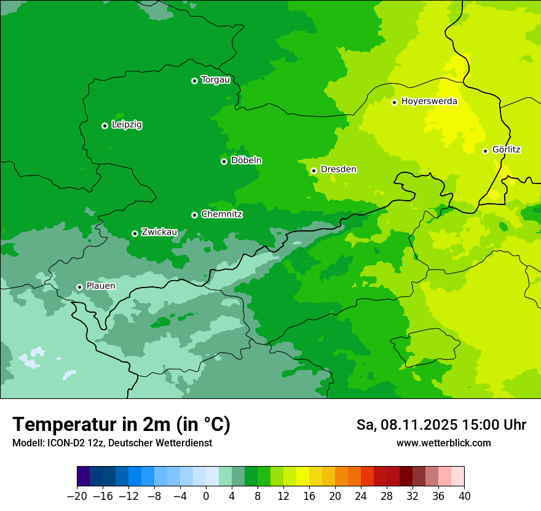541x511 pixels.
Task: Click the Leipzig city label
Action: click(x=127, y=125)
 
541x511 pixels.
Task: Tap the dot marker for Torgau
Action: click(x=194, y=81)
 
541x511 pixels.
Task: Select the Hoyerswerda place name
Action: click(x=429, y=102)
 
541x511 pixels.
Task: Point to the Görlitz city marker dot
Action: click(x=485, y=151)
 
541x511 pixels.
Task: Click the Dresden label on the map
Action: click(x=338, y=169)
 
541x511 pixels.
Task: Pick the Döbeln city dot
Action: click(x=224, y=161)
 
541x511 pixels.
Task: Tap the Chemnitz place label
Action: click(x=221, y=214)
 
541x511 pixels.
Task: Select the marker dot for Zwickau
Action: click(x=135, y=233)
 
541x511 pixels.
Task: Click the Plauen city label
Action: click(x=100, y=286)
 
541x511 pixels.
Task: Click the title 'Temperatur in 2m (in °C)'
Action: click(x=121, y=424)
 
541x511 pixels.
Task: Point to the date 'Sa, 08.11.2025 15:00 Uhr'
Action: click(x=441, y=425)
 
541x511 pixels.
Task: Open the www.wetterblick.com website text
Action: click(x=443, y=443)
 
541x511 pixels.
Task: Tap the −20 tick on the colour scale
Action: click(x=77, y=496)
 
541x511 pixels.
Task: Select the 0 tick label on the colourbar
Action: click(x=206, y=496)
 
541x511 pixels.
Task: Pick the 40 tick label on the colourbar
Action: click(x=464, y=496)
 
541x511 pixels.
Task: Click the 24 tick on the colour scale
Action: click(x=361, y=496)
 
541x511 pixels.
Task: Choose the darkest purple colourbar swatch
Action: click(x=84, y=477)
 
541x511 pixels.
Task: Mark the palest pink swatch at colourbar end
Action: click(x=457, y=477)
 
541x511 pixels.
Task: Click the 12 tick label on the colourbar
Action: click(x=283, y=496)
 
